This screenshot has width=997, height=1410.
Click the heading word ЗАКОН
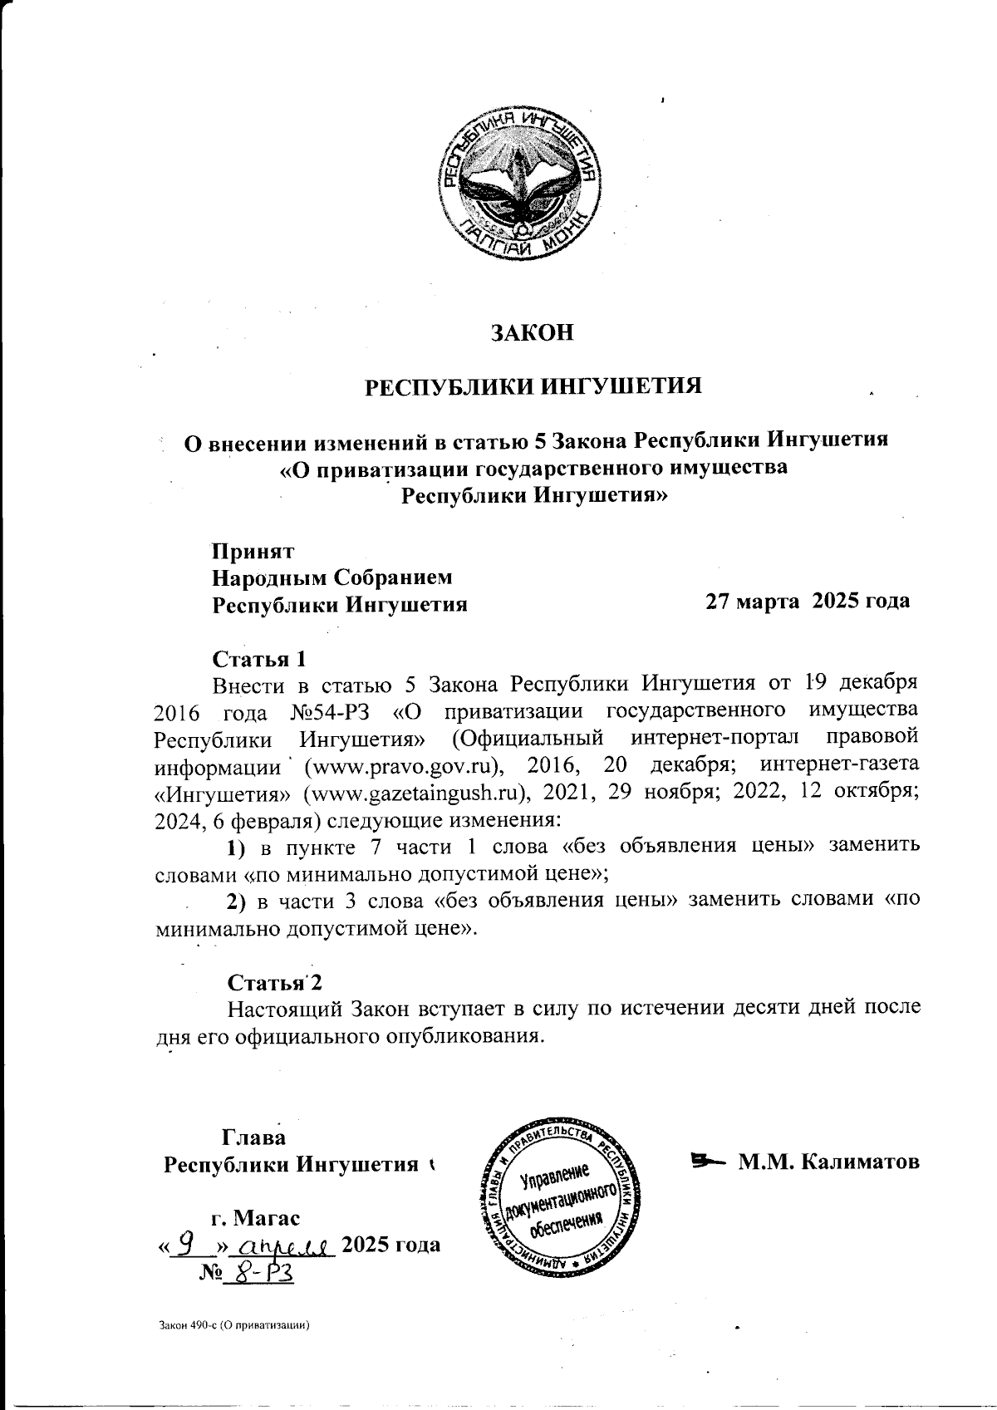[533, 332]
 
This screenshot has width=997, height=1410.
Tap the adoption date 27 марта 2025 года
[807, 601]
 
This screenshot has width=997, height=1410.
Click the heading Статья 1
[260, 659]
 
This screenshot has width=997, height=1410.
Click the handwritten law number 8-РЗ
[262, 1273]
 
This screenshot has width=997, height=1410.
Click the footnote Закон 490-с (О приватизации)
[233, 1326]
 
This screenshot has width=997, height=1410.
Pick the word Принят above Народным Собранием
[253, 550]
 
